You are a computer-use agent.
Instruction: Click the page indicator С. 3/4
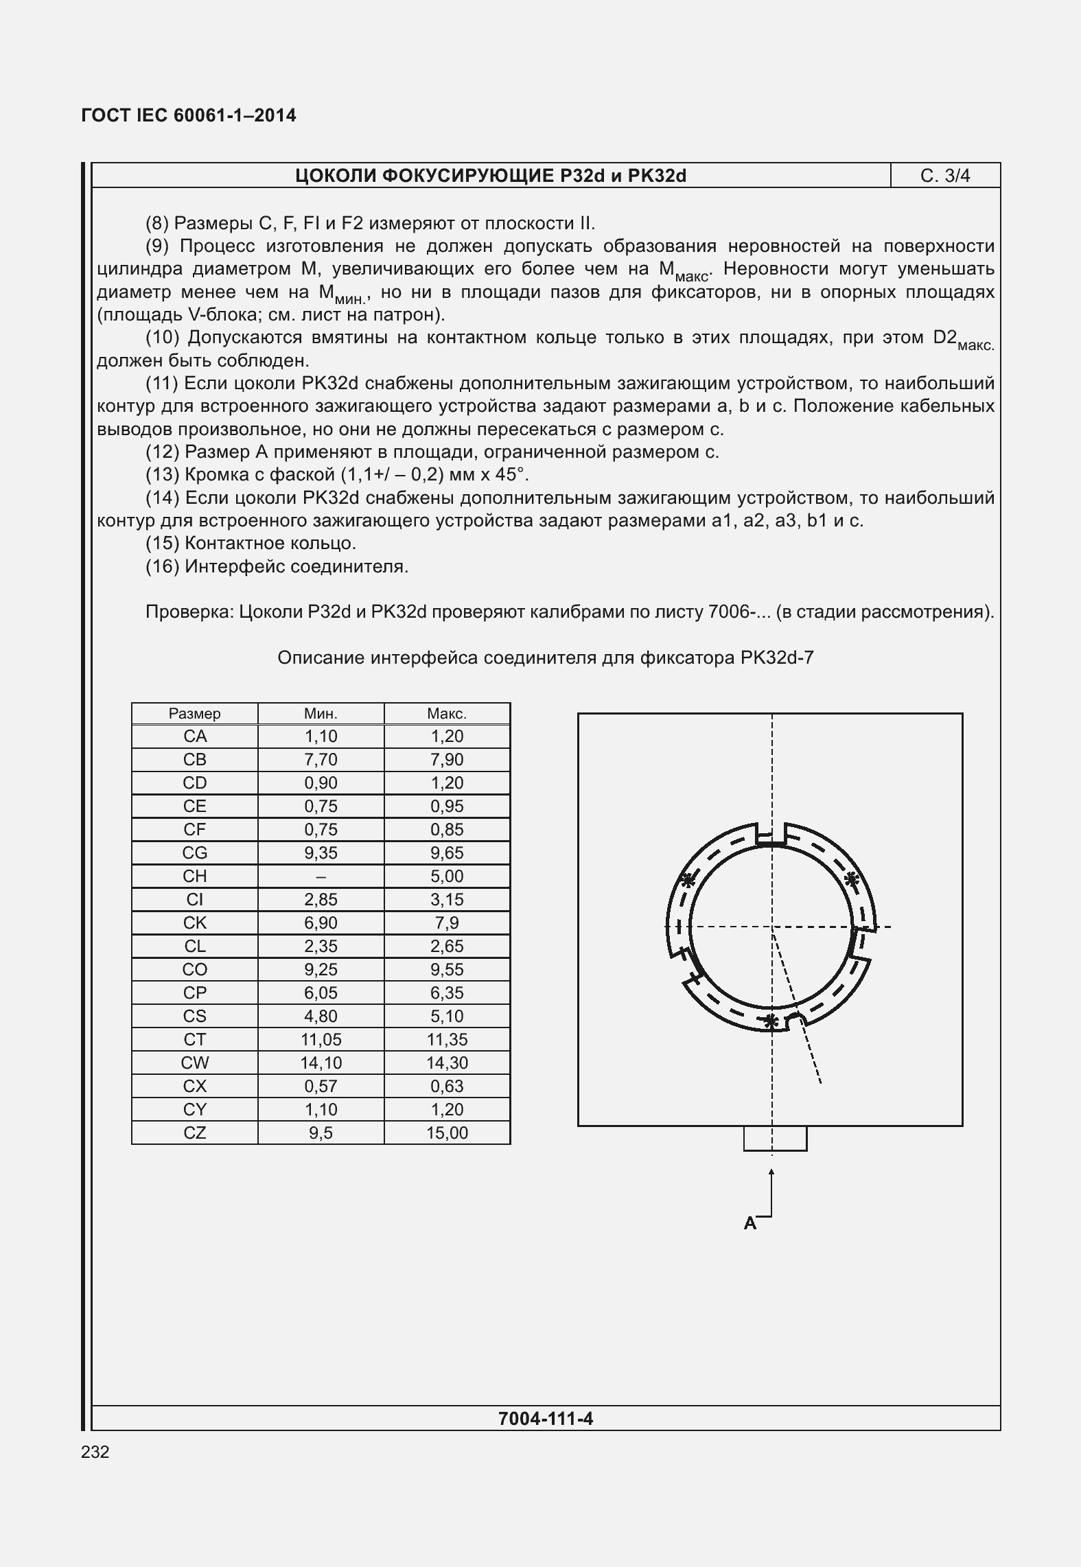click(x=944, y=176)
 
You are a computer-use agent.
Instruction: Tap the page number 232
click(x=95, y=1452)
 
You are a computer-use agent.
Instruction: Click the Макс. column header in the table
click(x=447, y=714)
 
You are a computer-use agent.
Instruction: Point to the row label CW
click(x=195, y=1063)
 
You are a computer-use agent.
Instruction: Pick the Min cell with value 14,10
click(x=321, y=1063)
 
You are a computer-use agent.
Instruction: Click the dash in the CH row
click(x=321, y=877)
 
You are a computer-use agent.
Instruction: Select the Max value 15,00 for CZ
click(x=447, y=1133)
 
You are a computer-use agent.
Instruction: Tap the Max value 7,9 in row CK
click(x=447, y=922)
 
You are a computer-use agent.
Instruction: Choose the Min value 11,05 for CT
click(x=321, y=1039)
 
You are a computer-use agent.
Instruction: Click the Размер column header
click(x=195, y=714)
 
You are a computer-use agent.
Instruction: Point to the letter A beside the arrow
click(x=749, y=1222)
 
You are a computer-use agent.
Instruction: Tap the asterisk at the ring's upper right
click(x=851, y=879)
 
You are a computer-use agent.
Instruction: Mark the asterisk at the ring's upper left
click(x=687, y=880)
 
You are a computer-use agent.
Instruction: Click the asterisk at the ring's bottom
click(x=771, y=1021)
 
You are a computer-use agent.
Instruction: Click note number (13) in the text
click(x=162, y=475)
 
